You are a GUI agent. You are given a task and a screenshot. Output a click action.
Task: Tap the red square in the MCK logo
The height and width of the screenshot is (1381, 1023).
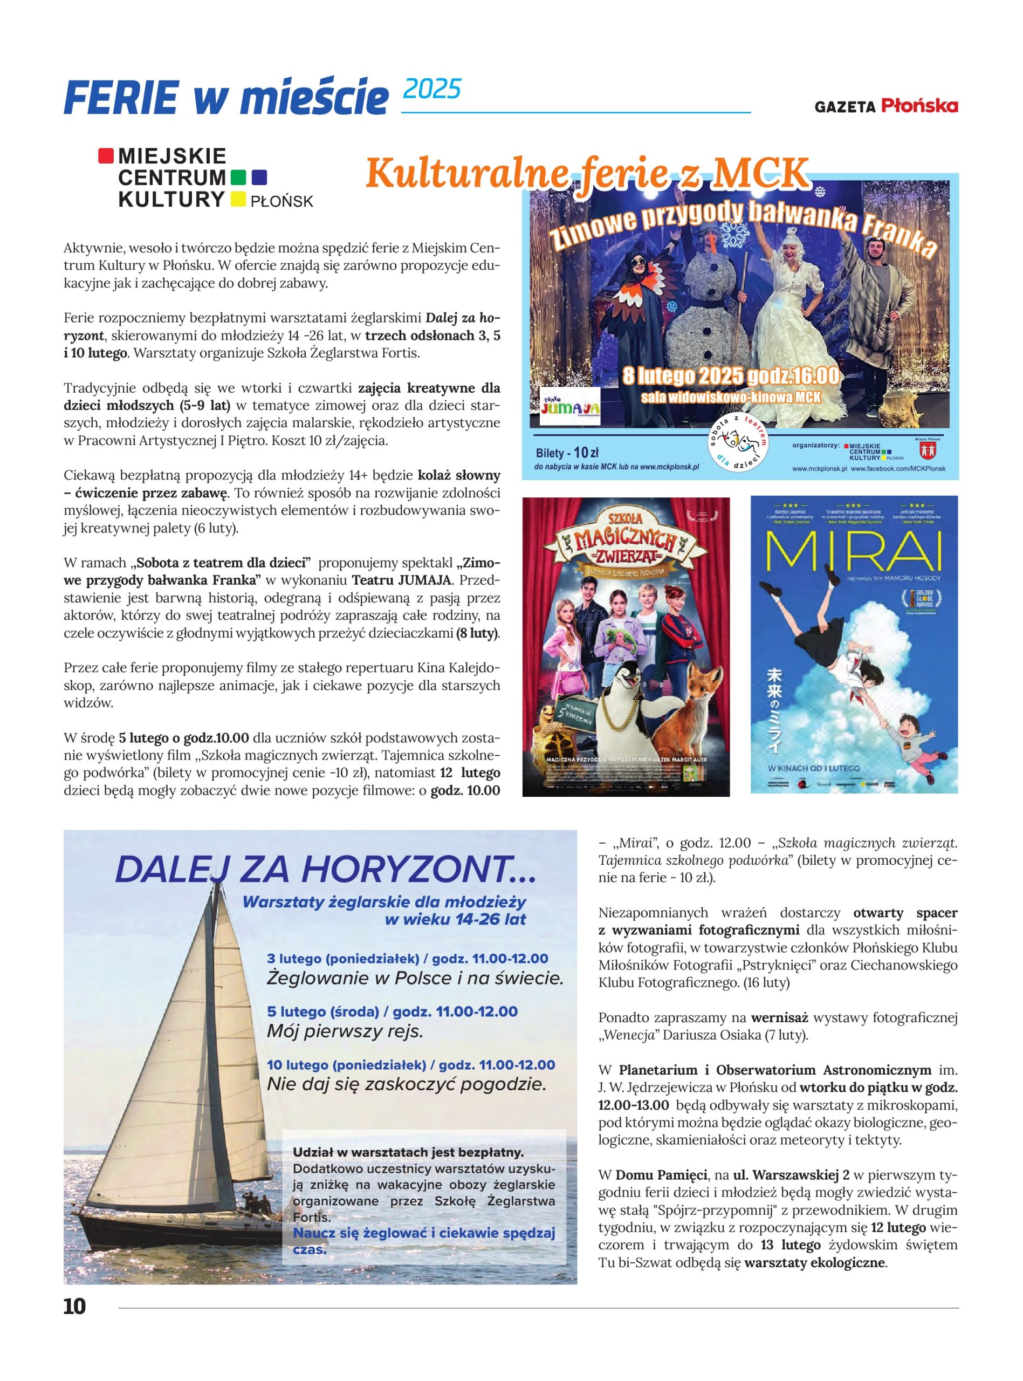tap(106, 155)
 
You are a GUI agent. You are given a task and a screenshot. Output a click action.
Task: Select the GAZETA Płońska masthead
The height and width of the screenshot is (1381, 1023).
tap(885, 106)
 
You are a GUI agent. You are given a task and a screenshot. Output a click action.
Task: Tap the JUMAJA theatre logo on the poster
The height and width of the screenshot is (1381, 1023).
tap(569, 407)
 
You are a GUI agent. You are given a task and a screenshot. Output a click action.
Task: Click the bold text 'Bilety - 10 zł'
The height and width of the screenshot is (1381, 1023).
tap(567, 452)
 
